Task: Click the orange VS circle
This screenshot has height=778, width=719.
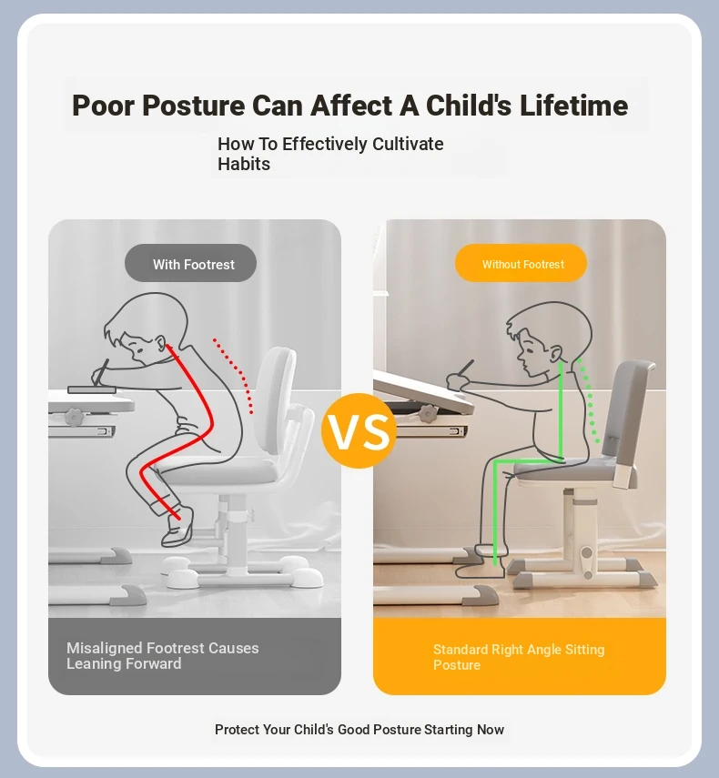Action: pos(359,430)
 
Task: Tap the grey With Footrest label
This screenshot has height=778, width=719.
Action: pos(190,263)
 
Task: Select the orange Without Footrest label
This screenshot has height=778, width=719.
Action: pos(521,263)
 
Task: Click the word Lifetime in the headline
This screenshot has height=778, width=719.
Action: pos(573,106)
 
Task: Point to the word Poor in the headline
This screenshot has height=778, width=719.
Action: pos(103,106)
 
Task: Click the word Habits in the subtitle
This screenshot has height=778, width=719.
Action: pos(244,164)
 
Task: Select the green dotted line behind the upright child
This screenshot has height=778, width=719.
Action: pos(589,399)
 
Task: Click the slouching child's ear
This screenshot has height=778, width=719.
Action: pos(160,342)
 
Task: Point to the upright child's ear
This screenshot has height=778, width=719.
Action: pos(556,353)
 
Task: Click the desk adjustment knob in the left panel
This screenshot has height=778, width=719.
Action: pos(74,417)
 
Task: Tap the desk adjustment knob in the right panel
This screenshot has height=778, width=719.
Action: pos(428,413)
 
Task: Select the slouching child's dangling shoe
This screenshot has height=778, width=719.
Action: pos(177,528)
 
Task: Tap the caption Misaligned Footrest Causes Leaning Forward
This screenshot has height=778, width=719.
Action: pos(163,655)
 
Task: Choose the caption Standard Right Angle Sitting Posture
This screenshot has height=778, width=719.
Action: pos(519,657)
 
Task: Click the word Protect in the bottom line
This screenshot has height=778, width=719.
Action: pos(237,730)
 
